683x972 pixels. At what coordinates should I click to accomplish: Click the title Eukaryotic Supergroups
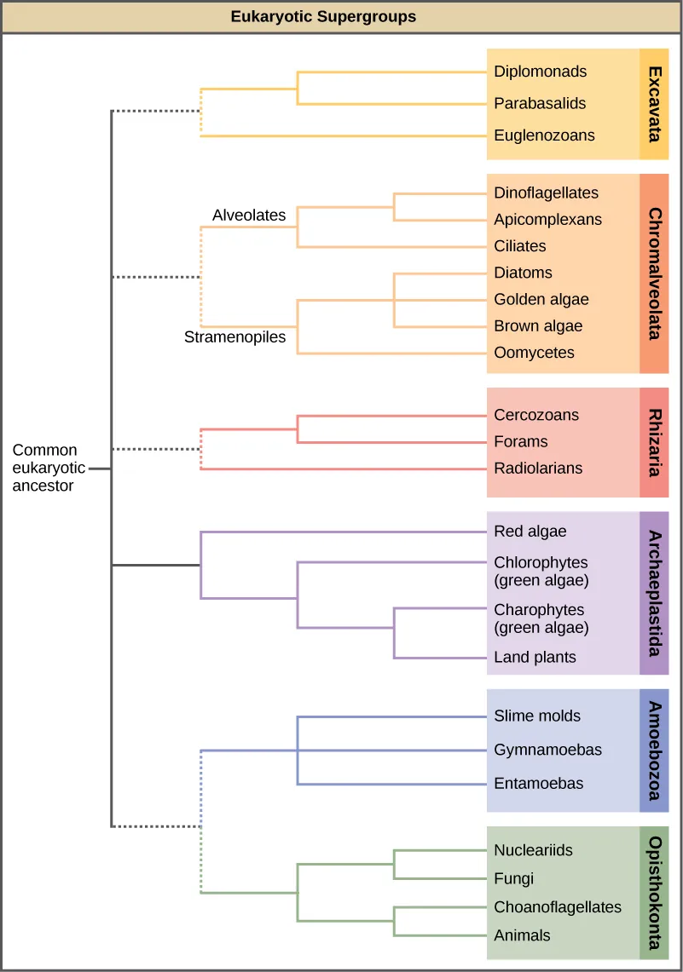(323, 17)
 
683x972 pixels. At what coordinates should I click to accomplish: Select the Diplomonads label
(540, 72)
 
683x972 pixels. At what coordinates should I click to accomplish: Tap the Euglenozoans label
(544, 135)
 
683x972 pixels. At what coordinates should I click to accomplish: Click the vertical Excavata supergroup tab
(654, 104)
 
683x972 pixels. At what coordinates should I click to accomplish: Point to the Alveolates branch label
(249, 216)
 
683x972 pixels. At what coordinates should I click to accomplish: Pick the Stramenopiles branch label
(234, 337)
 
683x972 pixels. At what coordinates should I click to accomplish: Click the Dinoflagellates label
(546, 193)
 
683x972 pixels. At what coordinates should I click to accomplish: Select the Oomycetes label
(534, 353)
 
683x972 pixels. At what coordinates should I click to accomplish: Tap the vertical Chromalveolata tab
(654, 273)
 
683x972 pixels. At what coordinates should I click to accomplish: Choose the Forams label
(520, 442)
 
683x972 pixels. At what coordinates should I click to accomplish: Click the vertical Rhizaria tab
(654, 442)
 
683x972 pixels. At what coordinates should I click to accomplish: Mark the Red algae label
(530, 532)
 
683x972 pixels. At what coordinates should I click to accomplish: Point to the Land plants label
(535, 658)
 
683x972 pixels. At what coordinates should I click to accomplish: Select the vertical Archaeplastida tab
(654, 593)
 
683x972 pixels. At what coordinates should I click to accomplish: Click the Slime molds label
(536, 716)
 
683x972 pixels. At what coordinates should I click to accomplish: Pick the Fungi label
(513, 878)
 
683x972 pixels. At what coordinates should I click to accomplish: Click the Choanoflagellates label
(558, 907)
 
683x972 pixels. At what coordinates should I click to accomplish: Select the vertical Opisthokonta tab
(654, 892)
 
